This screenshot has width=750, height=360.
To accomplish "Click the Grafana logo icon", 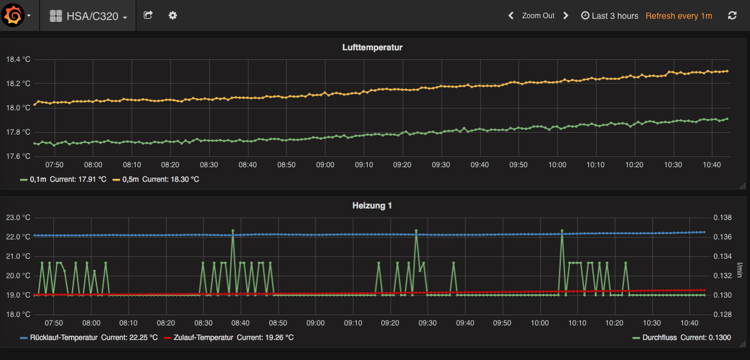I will tap(13, 16).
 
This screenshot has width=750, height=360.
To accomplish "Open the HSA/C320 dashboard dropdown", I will tap(88, 16).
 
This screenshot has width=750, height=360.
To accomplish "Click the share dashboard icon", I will tap(148, 16).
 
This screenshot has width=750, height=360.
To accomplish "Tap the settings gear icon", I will tap(173, 16).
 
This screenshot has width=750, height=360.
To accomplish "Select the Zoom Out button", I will tap(538, 16).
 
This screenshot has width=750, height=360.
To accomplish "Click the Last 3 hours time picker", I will tap(609, 16).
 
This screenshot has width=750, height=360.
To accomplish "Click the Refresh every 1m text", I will tap(679, 16).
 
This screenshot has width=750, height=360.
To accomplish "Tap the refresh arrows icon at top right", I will tap(732, 16).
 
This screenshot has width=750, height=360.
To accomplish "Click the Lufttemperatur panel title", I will tap(372, 47).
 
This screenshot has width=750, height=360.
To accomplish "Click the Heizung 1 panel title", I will tap(372, 205).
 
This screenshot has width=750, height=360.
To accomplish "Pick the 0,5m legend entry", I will tap(130, 179).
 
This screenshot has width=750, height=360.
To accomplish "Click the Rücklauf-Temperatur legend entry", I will tap(63, 338).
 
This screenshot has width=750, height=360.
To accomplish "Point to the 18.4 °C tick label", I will tap(18, 59).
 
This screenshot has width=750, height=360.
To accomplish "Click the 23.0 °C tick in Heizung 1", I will tap(18, 218).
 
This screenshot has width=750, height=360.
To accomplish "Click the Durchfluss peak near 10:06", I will tap(562, 231).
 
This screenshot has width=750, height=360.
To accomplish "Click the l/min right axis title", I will tap(739, 270).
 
